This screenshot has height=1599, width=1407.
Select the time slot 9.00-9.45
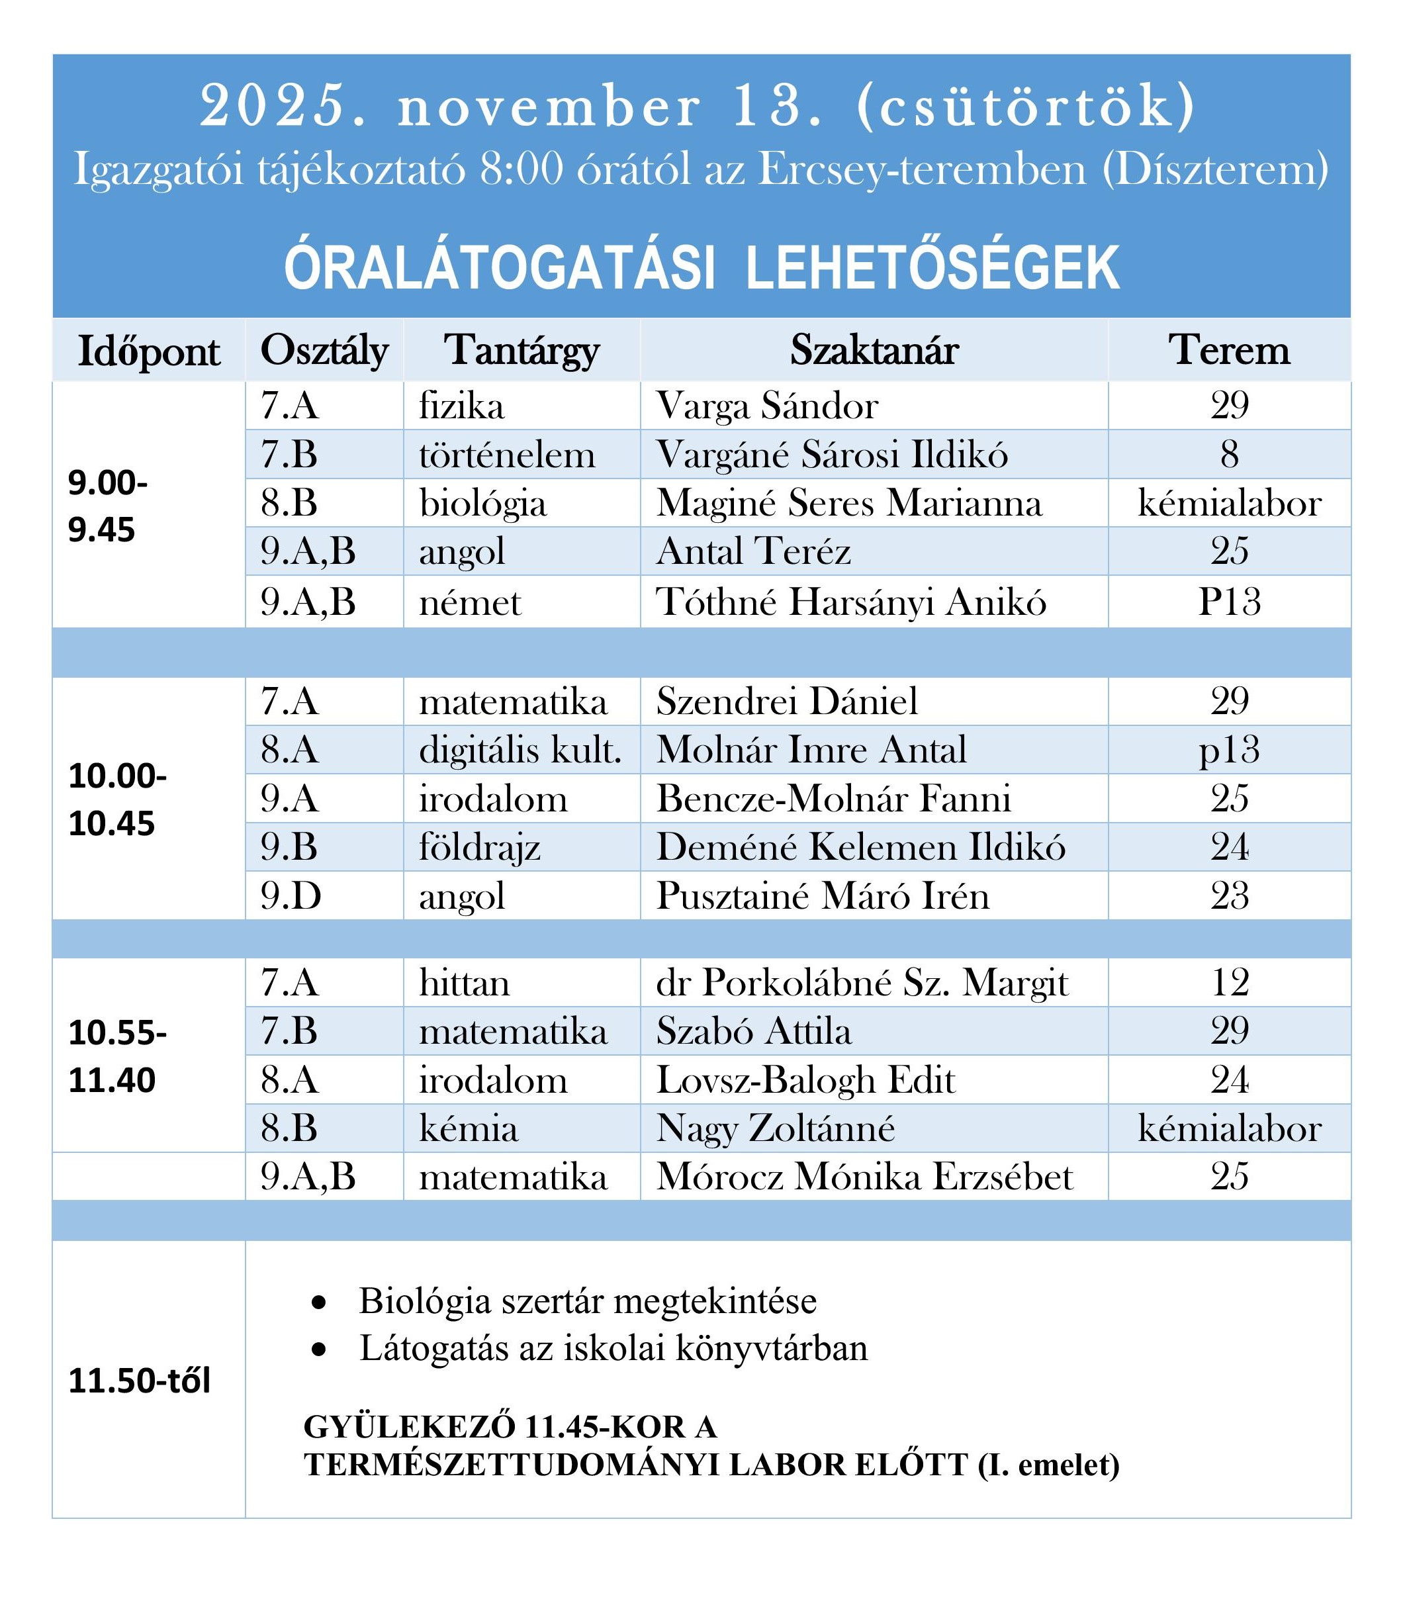pos(107,506)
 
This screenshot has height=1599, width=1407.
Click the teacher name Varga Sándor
pos(766,405)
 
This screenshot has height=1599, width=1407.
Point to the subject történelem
pos(507,455)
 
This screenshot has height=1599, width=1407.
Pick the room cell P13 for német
pos(1229,602)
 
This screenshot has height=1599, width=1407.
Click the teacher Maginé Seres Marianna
pos(848,503)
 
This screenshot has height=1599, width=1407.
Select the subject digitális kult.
pos(520,749)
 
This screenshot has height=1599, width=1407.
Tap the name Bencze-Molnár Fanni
pos(833,798)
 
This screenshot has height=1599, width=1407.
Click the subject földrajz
pos(479,847)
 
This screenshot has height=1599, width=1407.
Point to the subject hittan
pos(464,983)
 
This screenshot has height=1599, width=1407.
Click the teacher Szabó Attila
pos(753,1031)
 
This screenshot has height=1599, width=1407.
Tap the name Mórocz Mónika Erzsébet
pos(864,1177)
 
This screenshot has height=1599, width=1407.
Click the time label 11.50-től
pos(139,1381)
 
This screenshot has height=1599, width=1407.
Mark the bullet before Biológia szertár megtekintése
pos(318,1302)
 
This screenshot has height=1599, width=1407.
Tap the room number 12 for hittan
pos(1229,983)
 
